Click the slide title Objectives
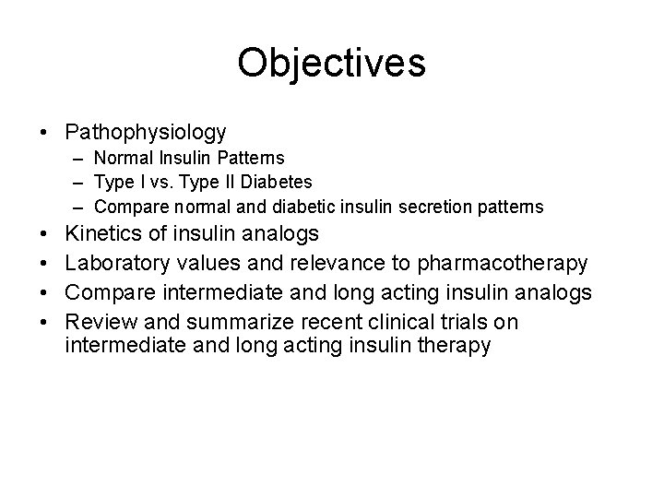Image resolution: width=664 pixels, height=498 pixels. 331,63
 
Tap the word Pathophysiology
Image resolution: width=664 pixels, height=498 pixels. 146,133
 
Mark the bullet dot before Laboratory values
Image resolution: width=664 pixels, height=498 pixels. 44,265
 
